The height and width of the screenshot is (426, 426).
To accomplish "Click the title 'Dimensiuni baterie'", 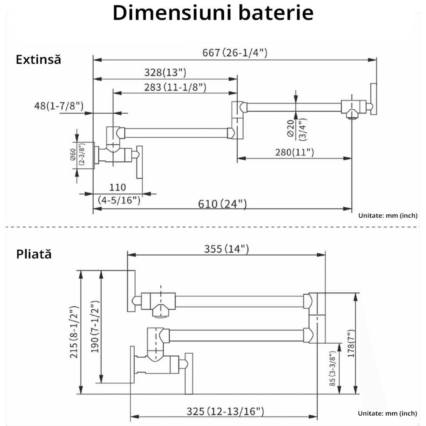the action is pyautogui.click(x=213, y=13).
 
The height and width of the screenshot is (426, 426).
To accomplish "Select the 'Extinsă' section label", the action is pyautogui.click(x=38, y=60).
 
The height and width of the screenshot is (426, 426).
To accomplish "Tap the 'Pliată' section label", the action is pyautogui.click(x=34, y=254).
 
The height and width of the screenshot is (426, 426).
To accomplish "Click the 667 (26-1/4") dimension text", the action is pyautogui.click(x=235, y=52).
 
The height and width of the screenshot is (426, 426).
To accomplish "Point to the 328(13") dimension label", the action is pyautogui.click(x=165, y=72).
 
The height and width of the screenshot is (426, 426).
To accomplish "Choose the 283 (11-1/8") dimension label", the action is pyautogui.click(x=175, y=87).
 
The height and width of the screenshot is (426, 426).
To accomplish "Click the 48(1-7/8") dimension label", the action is pyautogui.click(x=59, y=106).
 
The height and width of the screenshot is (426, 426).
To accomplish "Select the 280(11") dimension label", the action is pyautogui.click(x=294, y=153).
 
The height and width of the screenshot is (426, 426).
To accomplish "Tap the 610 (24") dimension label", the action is pyautogui.click(x=222, y=204).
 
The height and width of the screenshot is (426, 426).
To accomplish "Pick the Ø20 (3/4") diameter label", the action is pyautogui.click(x=297, y=130).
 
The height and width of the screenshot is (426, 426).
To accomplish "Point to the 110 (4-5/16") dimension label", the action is pyautogui.click(x=119, y=193).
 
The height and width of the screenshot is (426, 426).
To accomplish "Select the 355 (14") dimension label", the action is pyautogui.click(x=227, y=249).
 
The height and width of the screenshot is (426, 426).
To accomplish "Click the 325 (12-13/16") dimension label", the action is pyautogui.click(x=225, y=412).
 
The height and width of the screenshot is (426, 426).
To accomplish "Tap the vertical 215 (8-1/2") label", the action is pyautogui.click(x=74, y=332).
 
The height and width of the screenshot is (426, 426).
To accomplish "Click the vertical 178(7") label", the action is pyautogui.click(x=351, y=343).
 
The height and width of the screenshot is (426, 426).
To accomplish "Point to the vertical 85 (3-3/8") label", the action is pyautogui.click(x=333, y=368).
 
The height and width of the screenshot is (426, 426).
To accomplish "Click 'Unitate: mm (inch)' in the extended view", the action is pyautogui.click(x=388, y=216).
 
